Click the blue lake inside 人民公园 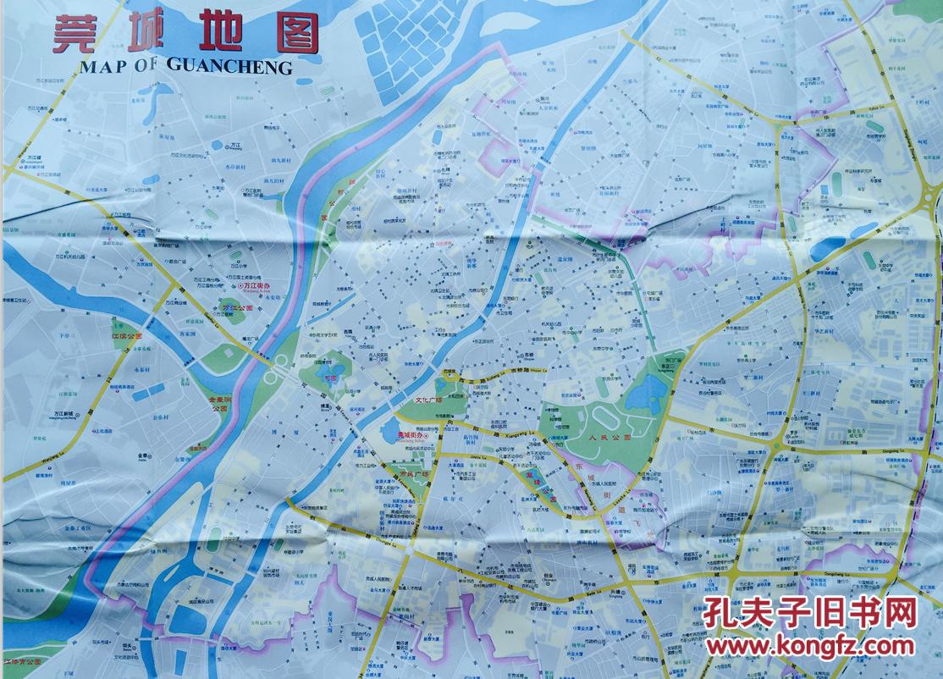point(649,392)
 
